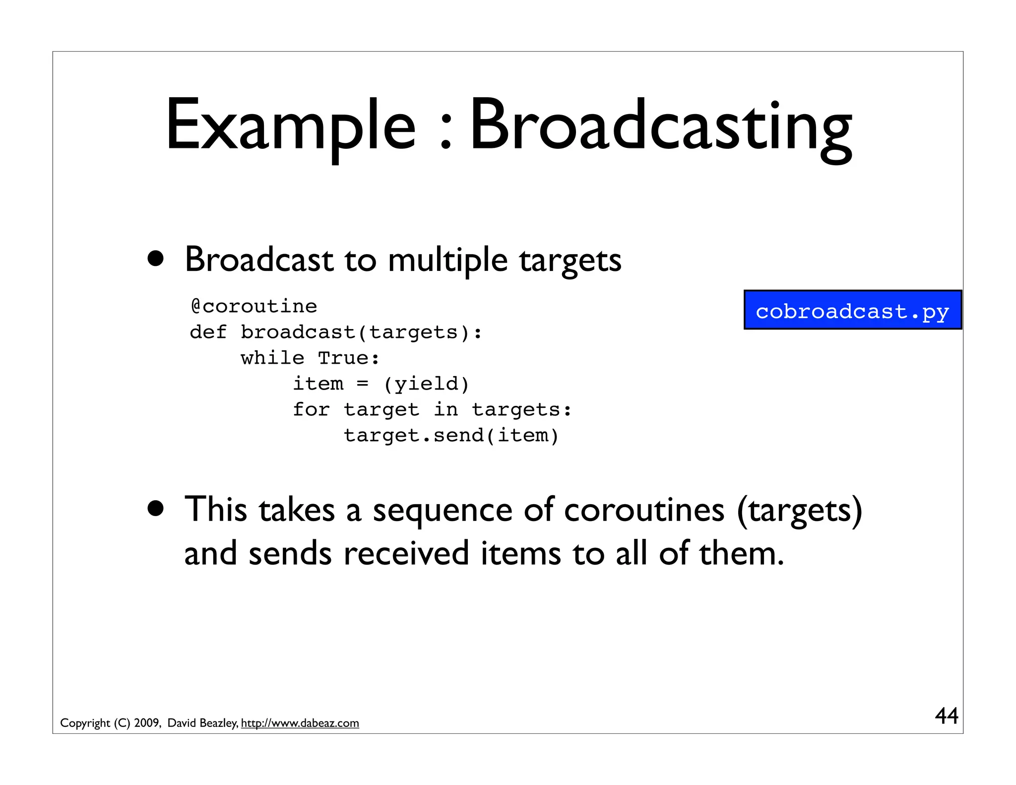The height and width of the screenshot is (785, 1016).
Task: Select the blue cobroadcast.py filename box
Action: coord(852,311)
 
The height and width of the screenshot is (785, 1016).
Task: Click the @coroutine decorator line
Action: coord(254,307)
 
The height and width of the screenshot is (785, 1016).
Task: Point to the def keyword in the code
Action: coord(208,332)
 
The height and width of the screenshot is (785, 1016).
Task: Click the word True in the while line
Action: coord(348,358)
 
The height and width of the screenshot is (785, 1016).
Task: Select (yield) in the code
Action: coord(426,384)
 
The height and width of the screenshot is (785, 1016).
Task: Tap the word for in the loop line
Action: coord(311,409)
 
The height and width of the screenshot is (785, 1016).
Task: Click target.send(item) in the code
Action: coord(451,436)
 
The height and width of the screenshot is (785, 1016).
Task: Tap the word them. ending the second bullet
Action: coord(741,554)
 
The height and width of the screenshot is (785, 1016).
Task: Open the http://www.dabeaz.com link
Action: coord(300,723)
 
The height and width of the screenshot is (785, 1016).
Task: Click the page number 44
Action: coord(946,716)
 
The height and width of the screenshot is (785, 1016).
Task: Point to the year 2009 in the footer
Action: coord(147,723)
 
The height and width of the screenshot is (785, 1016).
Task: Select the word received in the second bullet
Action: coord(406,554)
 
